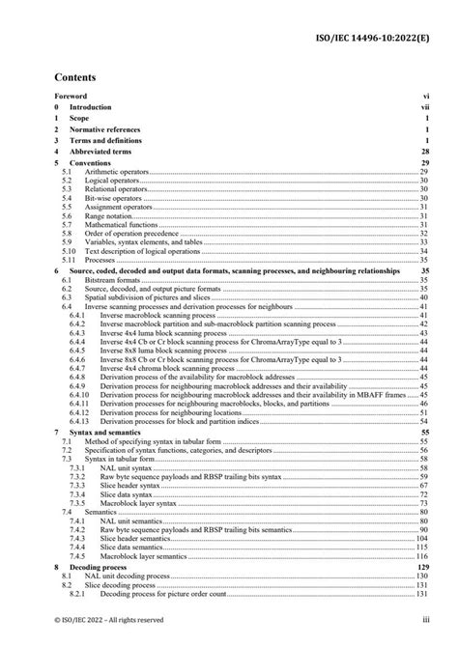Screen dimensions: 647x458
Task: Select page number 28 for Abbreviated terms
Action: tap(423, 152)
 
